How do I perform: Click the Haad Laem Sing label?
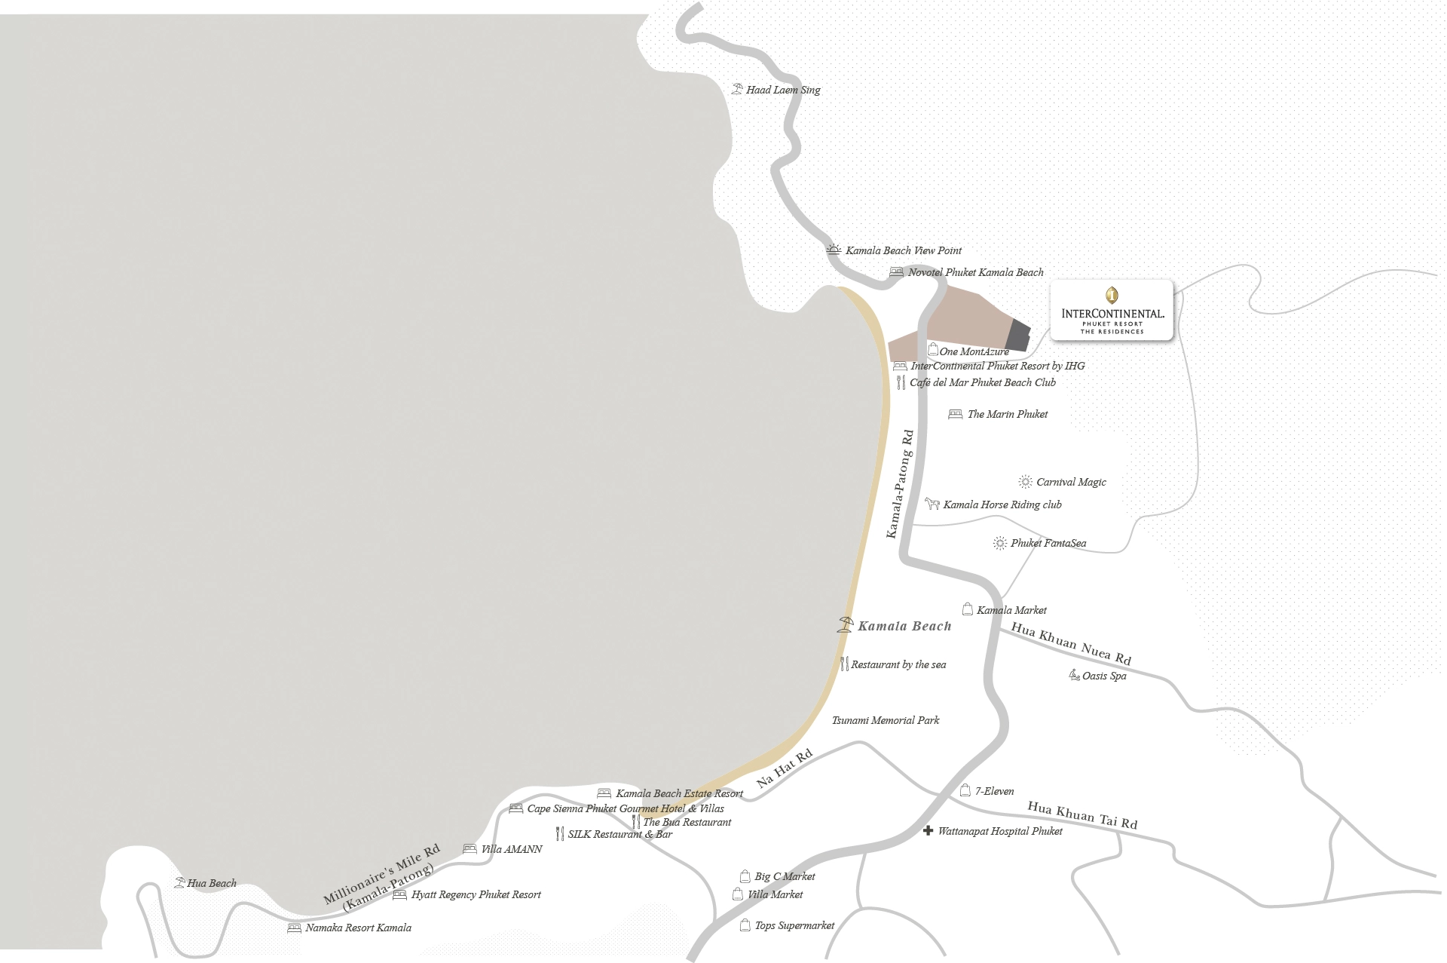tap(783, 90)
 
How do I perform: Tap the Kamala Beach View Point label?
tap(903, 250)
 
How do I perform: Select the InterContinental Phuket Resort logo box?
tap(1112, 310)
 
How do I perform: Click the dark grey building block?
tap(1017, 335)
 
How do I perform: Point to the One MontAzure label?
tap(974, 351)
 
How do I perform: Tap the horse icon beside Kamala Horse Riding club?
tap(932, 504)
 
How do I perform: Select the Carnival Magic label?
tap(1071, 482)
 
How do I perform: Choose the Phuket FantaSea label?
tap(1048, 543)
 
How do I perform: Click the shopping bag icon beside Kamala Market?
tap(967, 609)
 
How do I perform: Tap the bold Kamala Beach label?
tap(904, 626)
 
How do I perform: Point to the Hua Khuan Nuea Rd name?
tap(1071, 643)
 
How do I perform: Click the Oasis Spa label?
tap(1104, 676)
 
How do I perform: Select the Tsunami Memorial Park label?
tap(886, 720)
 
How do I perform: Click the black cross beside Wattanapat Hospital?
tap(928, 831)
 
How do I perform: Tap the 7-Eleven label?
tap(994, 791)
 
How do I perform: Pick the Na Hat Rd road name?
tap(785, 768)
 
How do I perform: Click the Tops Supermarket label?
tap(794, 925)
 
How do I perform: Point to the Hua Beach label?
tap(212, 883)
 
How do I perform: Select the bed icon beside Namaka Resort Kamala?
tap(294, 928)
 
